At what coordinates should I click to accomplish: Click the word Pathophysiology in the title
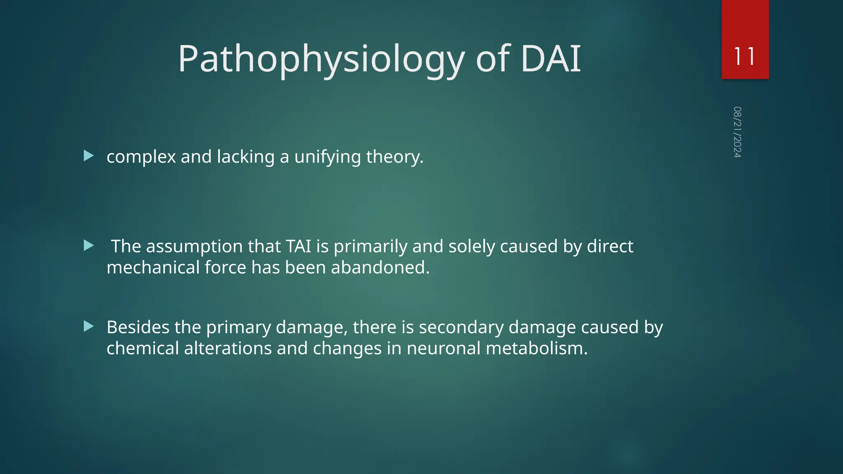[321, 60]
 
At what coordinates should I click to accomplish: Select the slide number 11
[745, 56]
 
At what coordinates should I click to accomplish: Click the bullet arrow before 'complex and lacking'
[88, 156]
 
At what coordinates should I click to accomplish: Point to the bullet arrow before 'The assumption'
[88, 246]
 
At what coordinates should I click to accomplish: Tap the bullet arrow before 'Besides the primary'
[88, 327]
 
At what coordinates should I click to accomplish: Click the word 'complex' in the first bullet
[141, 157]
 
